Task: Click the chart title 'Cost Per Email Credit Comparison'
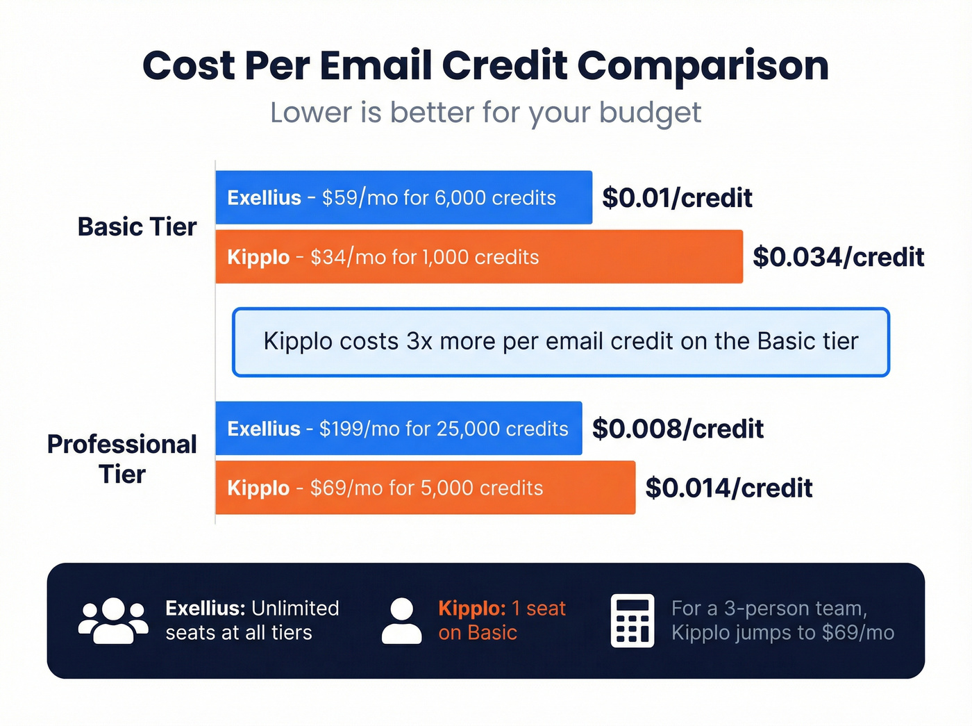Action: (x=485, y=66)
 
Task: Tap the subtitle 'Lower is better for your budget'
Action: (x=485, y=113)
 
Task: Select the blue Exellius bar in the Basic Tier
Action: (x=403, y=198)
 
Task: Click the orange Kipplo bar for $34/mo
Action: (x=478, y=257)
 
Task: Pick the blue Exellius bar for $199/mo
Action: (x=399, y=429)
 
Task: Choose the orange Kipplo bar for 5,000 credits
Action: (x=425, y=488)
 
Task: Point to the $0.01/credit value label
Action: (x=677, y=198)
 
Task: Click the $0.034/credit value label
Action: (x=838, y=257)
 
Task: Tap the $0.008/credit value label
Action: (x=678, y=429)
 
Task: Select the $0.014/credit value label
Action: (x=728, y=488)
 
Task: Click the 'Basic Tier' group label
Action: (x=137, y=227)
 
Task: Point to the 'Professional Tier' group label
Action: (x=122, y=459)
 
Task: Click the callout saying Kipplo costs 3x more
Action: (x=560, y=342)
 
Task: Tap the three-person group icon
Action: (x=113, y=620)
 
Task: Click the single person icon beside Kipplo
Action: (x=401, y=620)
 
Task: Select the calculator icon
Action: (x=632, y=620)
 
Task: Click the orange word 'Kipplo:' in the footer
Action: (x=472, y=609)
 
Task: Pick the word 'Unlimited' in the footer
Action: (x=295, y=609)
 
